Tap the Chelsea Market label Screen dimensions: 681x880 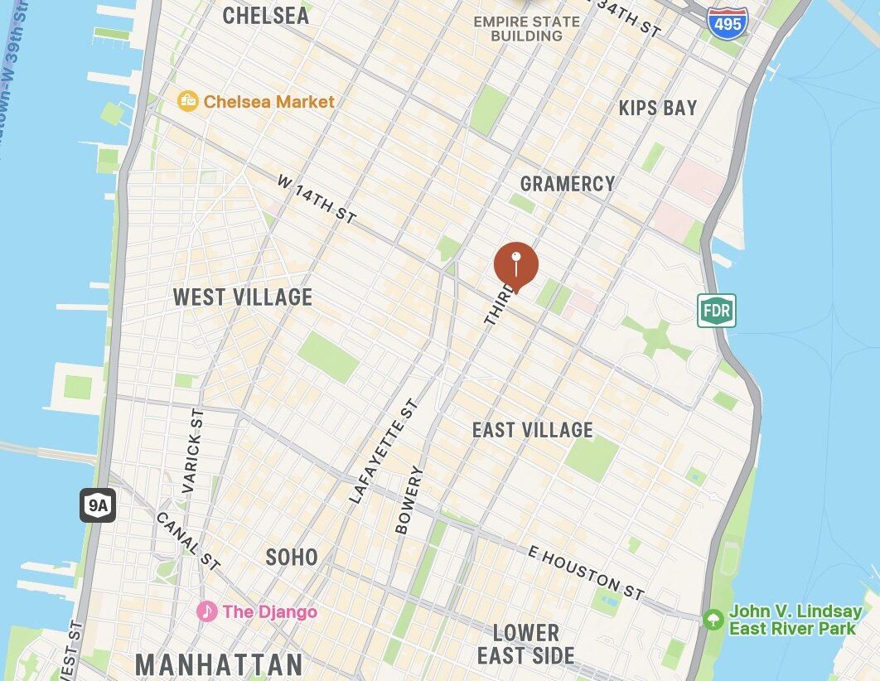[x=269, y=102]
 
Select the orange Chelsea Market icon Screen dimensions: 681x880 [x=189, y=102]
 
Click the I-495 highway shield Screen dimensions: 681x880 [x=728, y=21]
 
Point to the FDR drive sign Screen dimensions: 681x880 [x=716, y=311]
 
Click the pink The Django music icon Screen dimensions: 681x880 [x=206, y=611]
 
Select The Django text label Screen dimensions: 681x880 [x=270, y=612]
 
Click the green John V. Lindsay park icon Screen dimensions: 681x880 [x=712, y=619]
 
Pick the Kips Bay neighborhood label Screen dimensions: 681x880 [x=658, y=108]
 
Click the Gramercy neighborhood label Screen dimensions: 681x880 [x=568, y=183]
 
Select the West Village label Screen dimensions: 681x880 [x=243, y=297]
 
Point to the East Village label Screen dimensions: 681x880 [x=533, y=430]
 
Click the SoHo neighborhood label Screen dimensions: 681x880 [x=292, y=557]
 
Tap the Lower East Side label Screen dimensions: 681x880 [x=525, y=645]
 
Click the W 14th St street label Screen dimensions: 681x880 [x=317, y=198]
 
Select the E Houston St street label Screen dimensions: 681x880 [x=586, y=572]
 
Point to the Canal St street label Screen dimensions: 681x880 [x=187, y=541]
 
